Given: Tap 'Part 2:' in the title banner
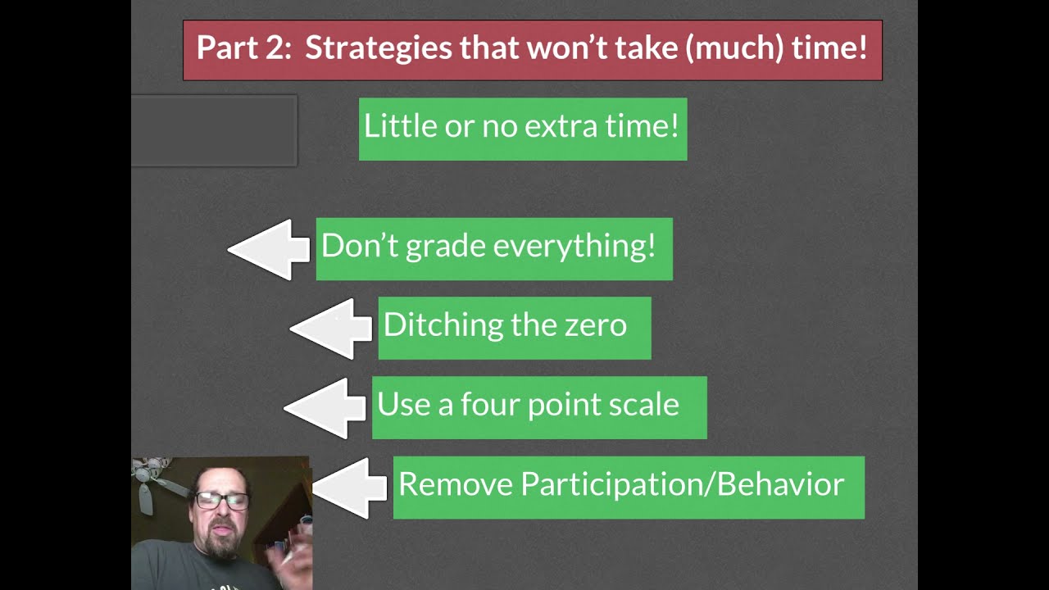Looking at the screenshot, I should pos(243,48).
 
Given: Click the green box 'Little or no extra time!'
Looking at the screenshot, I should pos(522,128).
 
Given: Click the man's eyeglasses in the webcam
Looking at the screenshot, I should pos(222,500).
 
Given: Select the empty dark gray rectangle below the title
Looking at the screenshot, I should pos(213,131).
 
